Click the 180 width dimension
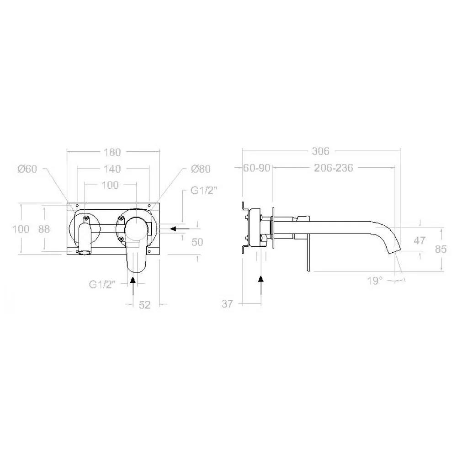(x=112, y=152)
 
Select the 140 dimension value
(x=112, y=169)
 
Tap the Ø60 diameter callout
(x=27, y=169)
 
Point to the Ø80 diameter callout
(x=201, y=169)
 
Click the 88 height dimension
(x=44, y=229)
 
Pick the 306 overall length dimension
(x=321, y=151)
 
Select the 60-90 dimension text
(x=257, y=168)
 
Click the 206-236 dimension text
(x=334, y=168)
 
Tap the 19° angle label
(x=375, y=281)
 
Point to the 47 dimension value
(x=420, y=241)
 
